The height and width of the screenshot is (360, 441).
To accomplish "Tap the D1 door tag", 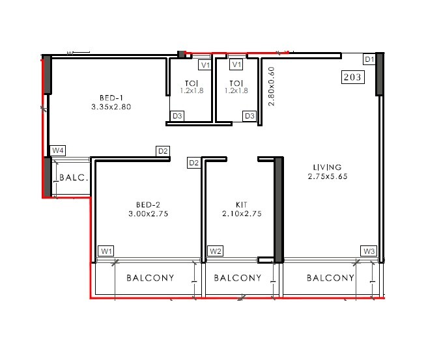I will pos(369,59).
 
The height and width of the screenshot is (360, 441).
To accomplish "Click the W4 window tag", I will pos(58,150).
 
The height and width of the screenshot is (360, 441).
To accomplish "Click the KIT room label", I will pos(241,204).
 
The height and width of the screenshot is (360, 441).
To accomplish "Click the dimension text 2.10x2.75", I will pos(241,214).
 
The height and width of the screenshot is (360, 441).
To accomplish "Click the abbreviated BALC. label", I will pos(73,177).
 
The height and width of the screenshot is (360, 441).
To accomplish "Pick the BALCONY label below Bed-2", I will pos(150,278).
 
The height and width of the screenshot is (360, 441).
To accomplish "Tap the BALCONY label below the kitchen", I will pos(238,278).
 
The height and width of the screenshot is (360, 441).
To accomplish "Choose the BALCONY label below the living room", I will pos(330,278).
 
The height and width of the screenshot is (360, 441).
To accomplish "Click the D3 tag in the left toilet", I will pos(177,116).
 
